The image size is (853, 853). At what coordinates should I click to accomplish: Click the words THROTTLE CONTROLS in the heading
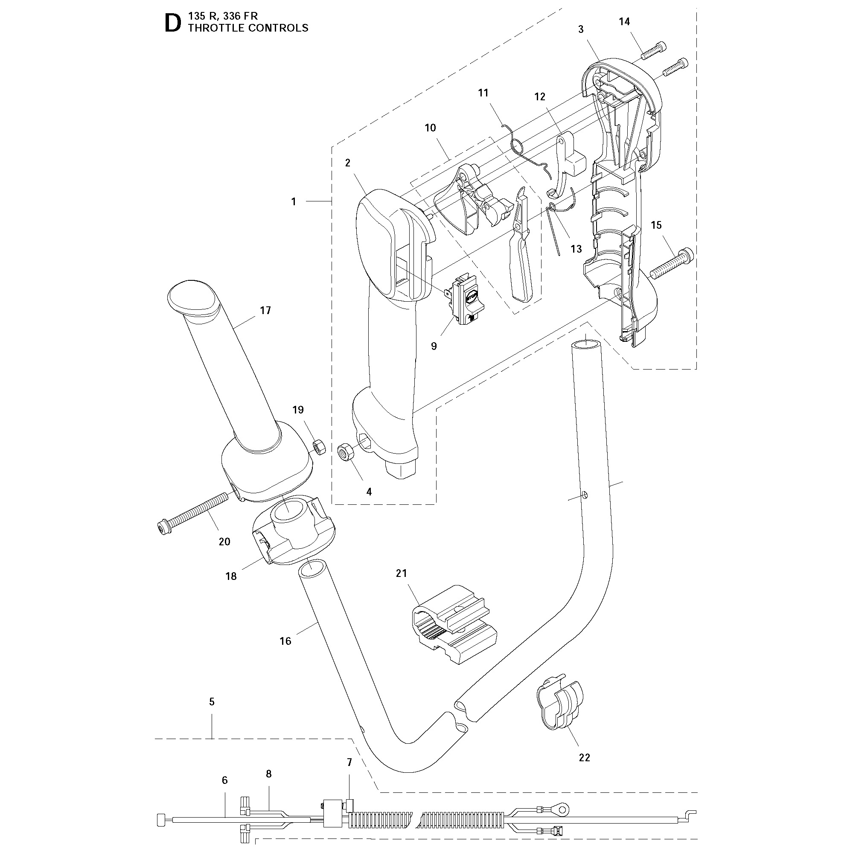247,28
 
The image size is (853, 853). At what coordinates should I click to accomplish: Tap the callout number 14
624,22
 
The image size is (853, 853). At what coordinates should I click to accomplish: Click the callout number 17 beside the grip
265,310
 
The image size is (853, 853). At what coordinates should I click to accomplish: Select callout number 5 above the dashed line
212,702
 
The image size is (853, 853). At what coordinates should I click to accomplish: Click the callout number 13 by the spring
576,249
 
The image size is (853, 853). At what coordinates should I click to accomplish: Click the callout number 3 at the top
581,29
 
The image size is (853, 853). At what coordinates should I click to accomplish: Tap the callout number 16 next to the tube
285,640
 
